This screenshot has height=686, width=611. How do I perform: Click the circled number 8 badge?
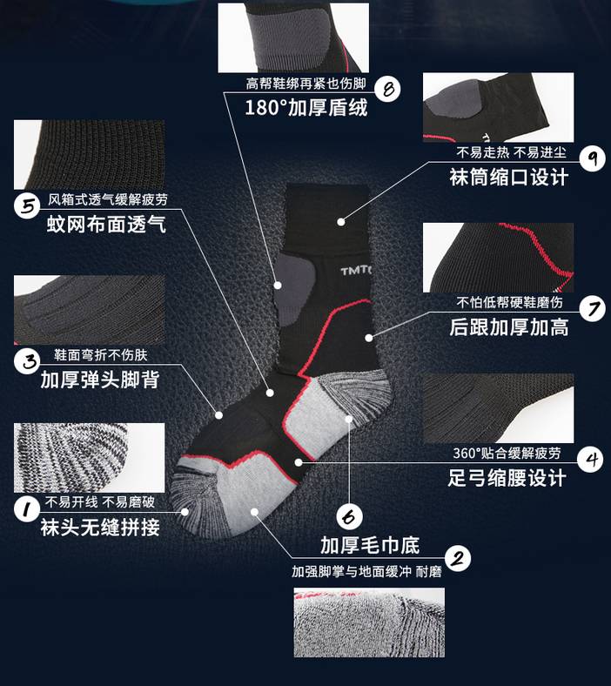[x=388, y=87]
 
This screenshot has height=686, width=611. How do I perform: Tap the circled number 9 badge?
[x=592, y=158]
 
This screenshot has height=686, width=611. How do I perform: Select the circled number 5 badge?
[x=28, y=206]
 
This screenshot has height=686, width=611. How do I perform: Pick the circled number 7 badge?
[x=592, y=308]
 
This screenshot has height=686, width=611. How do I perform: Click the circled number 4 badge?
[x=591, y=458]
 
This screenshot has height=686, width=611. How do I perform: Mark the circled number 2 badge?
[x=458, y=558]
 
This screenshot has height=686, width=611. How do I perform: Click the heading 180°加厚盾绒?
[x=305, y=108]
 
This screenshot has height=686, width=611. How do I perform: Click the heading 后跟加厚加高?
[x=508, y=327]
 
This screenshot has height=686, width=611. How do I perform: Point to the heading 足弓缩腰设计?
[x=507, y=477]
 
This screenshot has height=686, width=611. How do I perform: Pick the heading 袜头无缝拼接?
[x=100, y=527]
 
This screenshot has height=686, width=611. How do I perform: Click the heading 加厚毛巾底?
[x=369, y=546]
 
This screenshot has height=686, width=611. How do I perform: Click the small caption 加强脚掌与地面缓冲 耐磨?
[x=366, y=572]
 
